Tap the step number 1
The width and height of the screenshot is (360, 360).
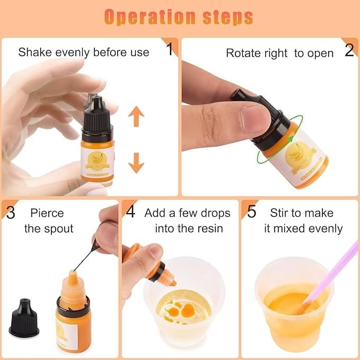click(x=170, y=49)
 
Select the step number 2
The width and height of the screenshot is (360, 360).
click(x=349, y=50)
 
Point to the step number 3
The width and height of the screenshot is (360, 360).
click(x=11, y=213)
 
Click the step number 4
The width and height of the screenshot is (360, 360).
click(x=130, y=212)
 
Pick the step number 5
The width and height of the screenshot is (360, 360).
click(x=251, y=212)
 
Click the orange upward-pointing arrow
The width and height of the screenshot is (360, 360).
click(x=136, y=116)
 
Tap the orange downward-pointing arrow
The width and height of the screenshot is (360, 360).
click(x=136, y=163)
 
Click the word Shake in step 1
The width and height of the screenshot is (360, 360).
click(x=35, y=52)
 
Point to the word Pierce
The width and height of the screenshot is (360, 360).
click(x=47, y=213)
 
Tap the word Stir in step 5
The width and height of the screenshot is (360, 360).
click(x=279, y=213)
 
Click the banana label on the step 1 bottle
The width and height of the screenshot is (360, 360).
click(x=98, y=162)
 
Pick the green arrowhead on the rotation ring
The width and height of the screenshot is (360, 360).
click(x=291, y=139)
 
